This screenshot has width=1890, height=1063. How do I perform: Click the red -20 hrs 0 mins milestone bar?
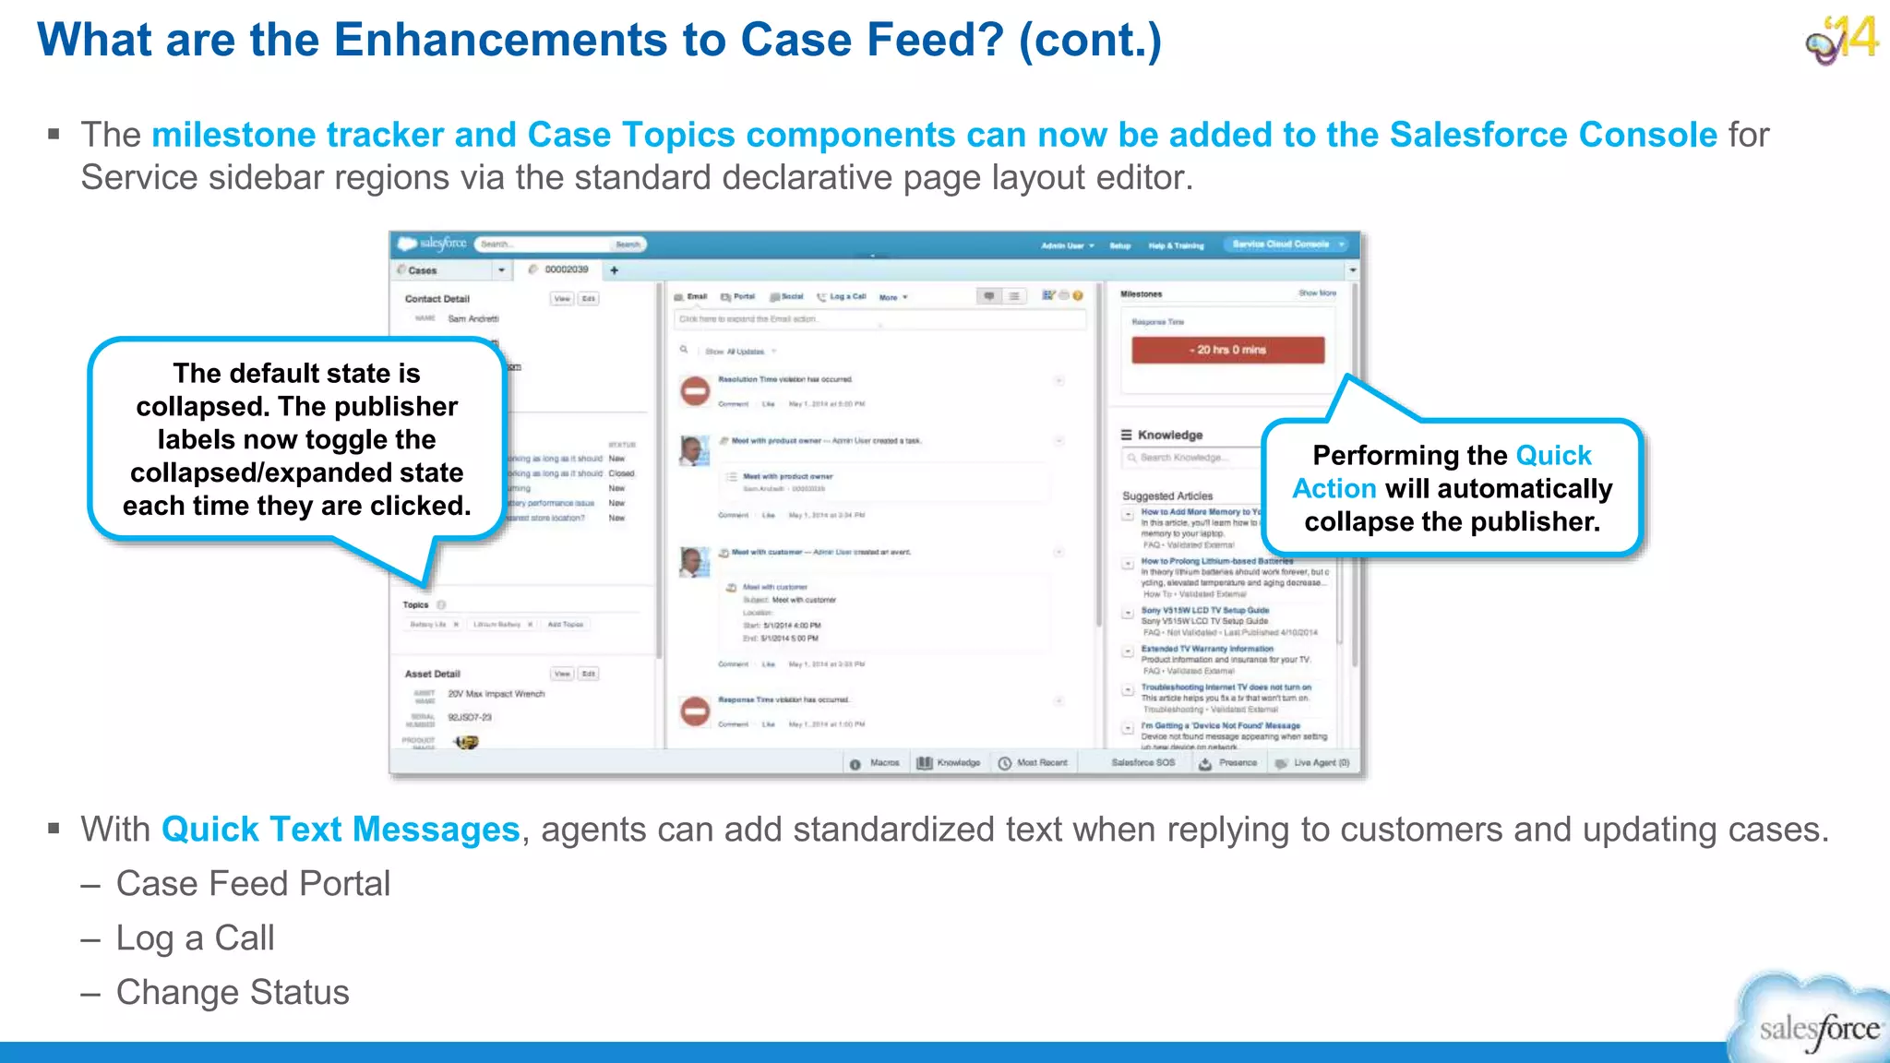(x=1227, y=350)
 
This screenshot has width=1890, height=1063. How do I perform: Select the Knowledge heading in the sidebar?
(x=1169, y=435)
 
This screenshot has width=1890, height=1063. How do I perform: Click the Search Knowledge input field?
(x=1190, y=458)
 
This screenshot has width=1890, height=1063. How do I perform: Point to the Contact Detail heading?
(x=437, y=299)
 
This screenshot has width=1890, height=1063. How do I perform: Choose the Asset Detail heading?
(x=432, y=674)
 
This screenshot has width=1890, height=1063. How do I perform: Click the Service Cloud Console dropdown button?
(x=1287, y=245)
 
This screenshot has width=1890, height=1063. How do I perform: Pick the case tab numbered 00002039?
(x=566, y=269)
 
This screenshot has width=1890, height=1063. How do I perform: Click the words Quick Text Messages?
(x=341, y=829)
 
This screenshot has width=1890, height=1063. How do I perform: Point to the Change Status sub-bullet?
(x=233, y=992)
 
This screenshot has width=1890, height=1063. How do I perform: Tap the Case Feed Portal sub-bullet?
(x=253, y=883)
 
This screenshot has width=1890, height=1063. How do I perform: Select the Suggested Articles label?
(x=1167, y=496)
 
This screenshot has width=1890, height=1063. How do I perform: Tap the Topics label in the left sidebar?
(x=415, y=605)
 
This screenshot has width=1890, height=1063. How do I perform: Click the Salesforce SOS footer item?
(x=1142, y=763)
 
